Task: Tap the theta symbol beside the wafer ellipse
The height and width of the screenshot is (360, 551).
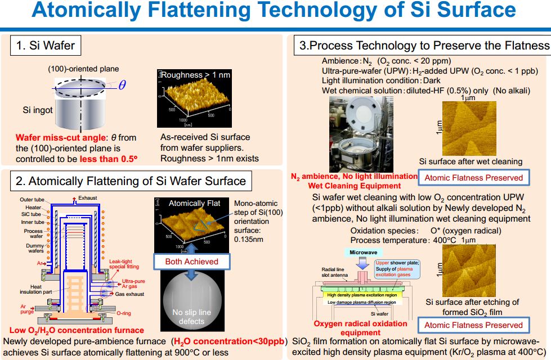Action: tap(122, 85)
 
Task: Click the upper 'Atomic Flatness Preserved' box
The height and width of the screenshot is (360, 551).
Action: tap(473, 178)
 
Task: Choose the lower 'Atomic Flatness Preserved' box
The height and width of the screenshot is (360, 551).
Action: tap(473, 325)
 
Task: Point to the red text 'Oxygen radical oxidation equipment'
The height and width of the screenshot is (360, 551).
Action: tap(360, 327)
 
